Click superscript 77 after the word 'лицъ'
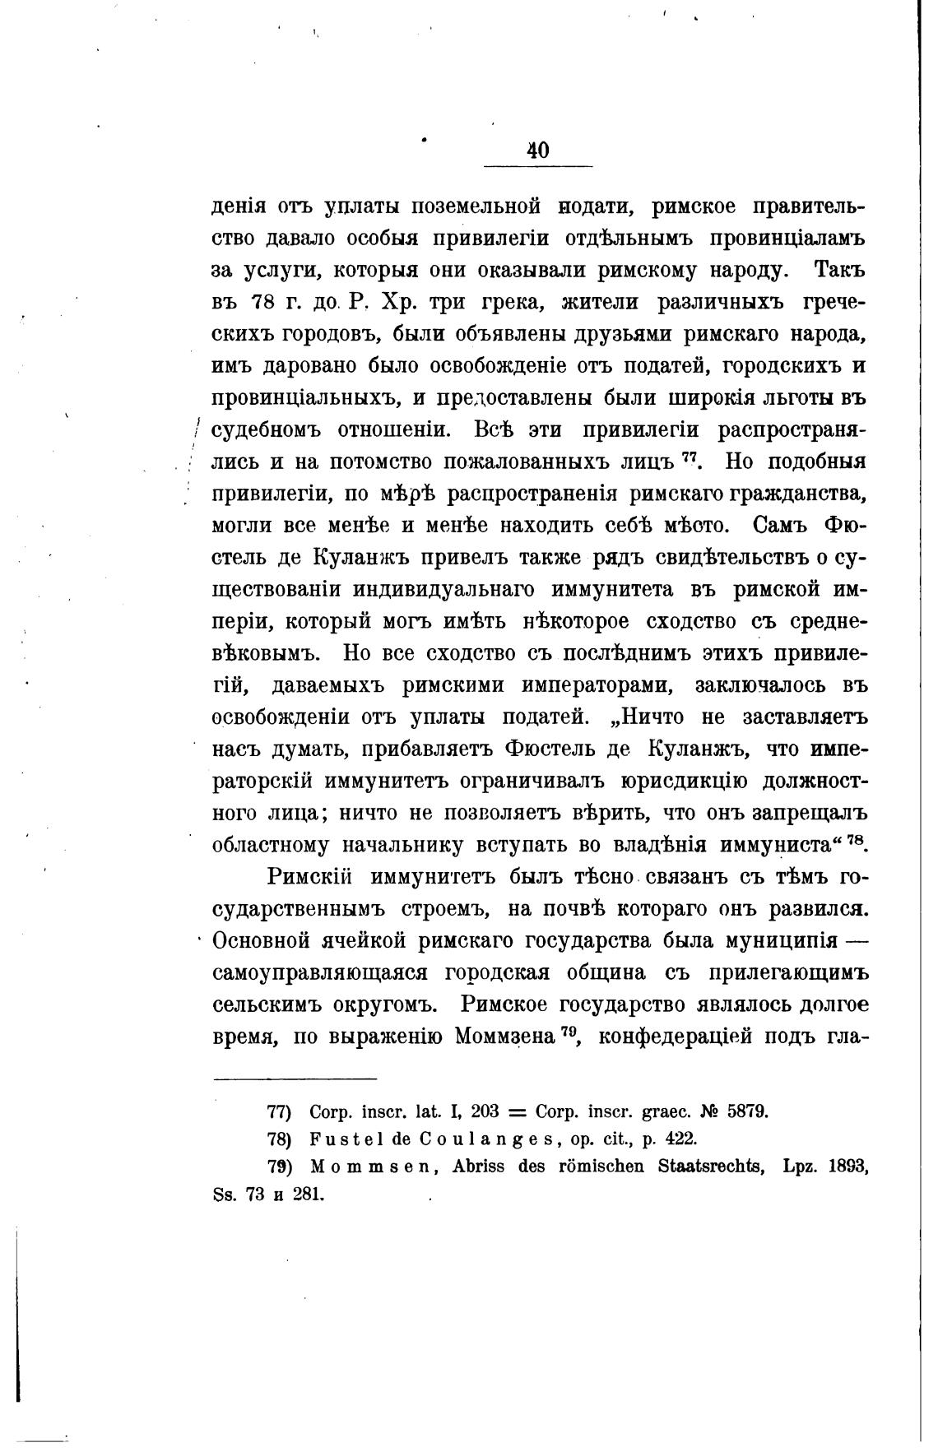pyautogui.click(x=689, y=457)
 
